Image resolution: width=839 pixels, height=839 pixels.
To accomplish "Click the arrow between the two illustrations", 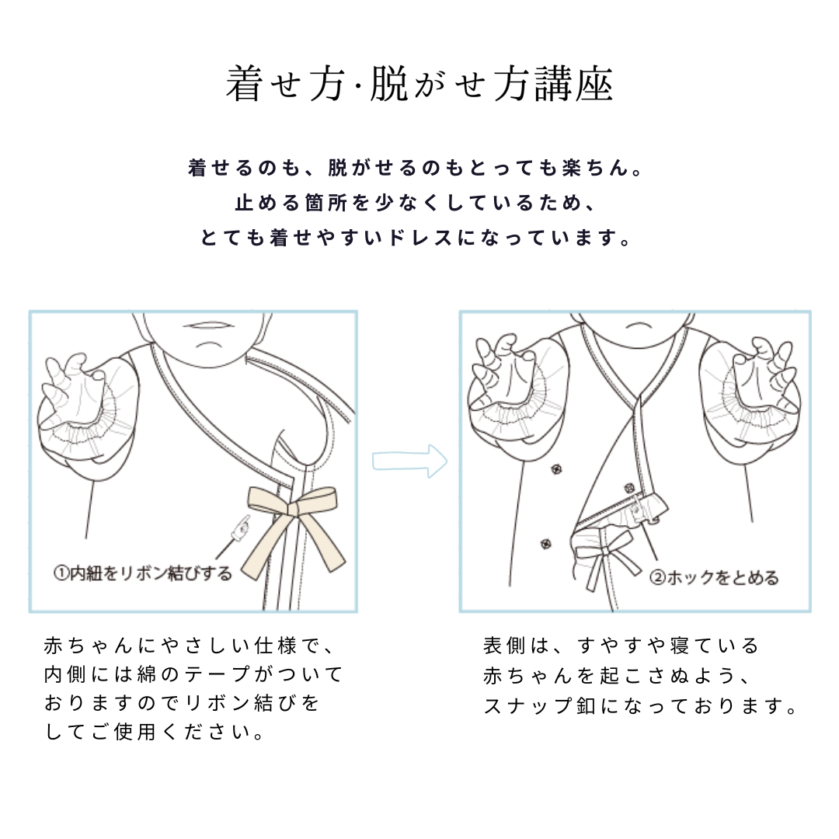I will tap(409, 461).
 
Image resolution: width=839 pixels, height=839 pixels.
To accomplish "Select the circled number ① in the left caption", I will tap(61, 574).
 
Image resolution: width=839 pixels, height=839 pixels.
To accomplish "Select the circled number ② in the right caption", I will tap(656, 578).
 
